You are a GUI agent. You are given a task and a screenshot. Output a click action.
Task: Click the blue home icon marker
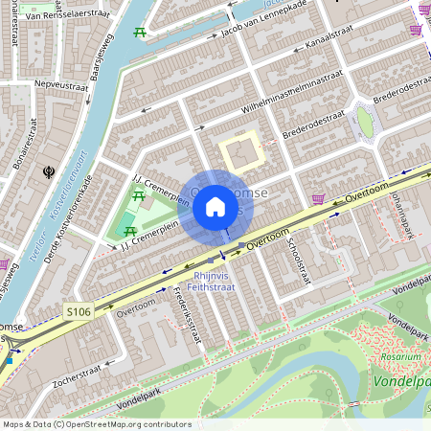point(215,206)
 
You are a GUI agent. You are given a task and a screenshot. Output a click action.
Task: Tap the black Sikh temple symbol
point(48,172)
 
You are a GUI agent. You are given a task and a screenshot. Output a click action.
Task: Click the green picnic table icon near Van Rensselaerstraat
point(140,32)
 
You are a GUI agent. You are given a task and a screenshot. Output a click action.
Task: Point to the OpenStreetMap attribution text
point(96,424)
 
